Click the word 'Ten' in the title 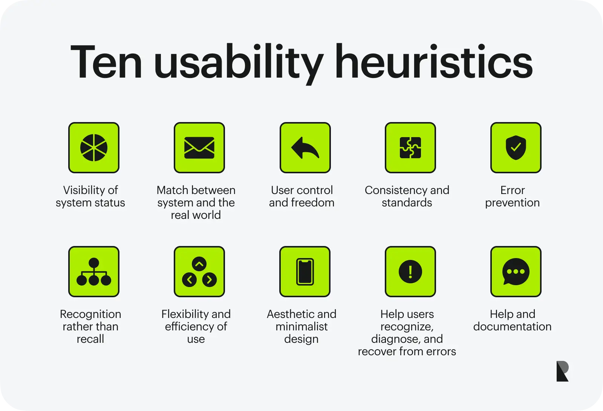pos(106,62)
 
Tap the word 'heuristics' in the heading pos(434,61)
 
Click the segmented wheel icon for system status pos(94,148)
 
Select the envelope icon pos(199,148)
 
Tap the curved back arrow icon pos(305,148)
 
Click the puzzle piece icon pos(410,148)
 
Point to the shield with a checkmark pos(516,148)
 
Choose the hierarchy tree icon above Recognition pos(94,272)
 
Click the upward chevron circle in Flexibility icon pos(199,264)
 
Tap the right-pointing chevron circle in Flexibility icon pos(210,280)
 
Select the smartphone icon pos(305,272)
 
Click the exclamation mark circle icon pos(410,272)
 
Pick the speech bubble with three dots pos(516,271)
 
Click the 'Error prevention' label pos(513,197)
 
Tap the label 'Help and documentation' pos(513,320)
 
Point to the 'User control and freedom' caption pos(302,197)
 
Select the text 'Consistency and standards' pos(407,197)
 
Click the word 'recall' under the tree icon pos(90,339)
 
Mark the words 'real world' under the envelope pos(196,215)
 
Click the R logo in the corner pos(563,371)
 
